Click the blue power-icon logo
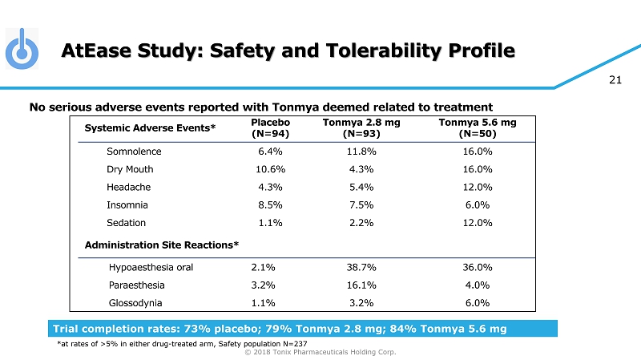click(22, 50)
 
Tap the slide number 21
click(616, 79)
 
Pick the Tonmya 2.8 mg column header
click(361, 128)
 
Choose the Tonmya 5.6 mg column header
click(478, 128)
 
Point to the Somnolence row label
click(134, 152)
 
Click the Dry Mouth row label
click(130, 169)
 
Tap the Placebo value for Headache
click(268, 187)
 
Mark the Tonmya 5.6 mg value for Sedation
click(478, 223)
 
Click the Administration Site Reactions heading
click(161, 244)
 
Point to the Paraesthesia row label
click(136, 285)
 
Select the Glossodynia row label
click(135, 303)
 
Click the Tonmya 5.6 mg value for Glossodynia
click(478, 303)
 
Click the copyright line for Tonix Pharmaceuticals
click(320, 351)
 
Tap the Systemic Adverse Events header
click(150, 128)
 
